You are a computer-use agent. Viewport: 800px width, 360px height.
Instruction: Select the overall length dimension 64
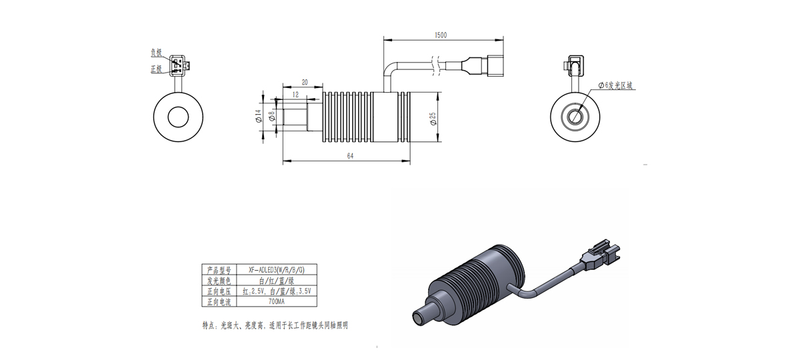tap(350, 155)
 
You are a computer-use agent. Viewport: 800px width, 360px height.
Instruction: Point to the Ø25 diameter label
tap(432, 118)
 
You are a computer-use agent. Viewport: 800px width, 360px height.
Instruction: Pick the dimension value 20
tap(305, 82)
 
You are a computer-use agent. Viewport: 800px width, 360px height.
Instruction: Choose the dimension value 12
tap(295, 95)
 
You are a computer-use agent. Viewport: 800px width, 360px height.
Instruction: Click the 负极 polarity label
tap(155, 51)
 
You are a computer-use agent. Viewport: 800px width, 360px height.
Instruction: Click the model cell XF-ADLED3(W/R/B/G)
tap(277, 270)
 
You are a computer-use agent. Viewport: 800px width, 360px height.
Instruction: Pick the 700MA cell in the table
tap(277, 301)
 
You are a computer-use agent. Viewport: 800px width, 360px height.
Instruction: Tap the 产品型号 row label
tap(218, 270)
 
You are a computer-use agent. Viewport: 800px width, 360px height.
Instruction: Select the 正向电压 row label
tap(218, 291)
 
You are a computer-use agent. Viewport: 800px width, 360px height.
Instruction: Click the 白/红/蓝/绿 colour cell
tap(277, 281)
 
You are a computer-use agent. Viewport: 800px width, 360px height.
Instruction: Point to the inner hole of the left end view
tap(178, 117)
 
